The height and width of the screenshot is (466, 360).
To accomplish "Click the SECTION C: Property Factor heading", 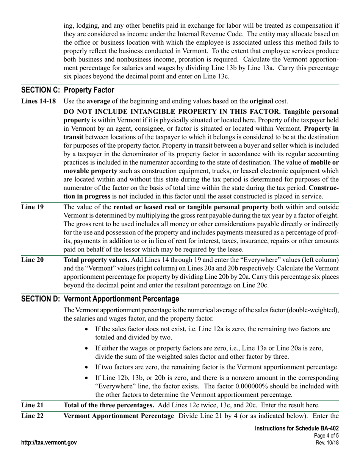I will click(68, 90).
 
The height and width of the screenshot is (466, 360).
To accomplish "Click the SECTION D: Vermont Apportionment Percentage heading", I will click(100, 299).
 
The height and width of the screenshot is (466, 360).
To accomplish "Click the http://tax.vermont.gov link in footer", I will click(49, 443).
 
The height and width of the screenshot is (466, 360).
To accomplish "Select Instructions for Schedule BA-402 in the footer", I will click(297, 428).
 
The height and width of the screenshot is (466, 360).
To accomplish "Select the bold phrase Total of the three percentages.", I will click(109, 405).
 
